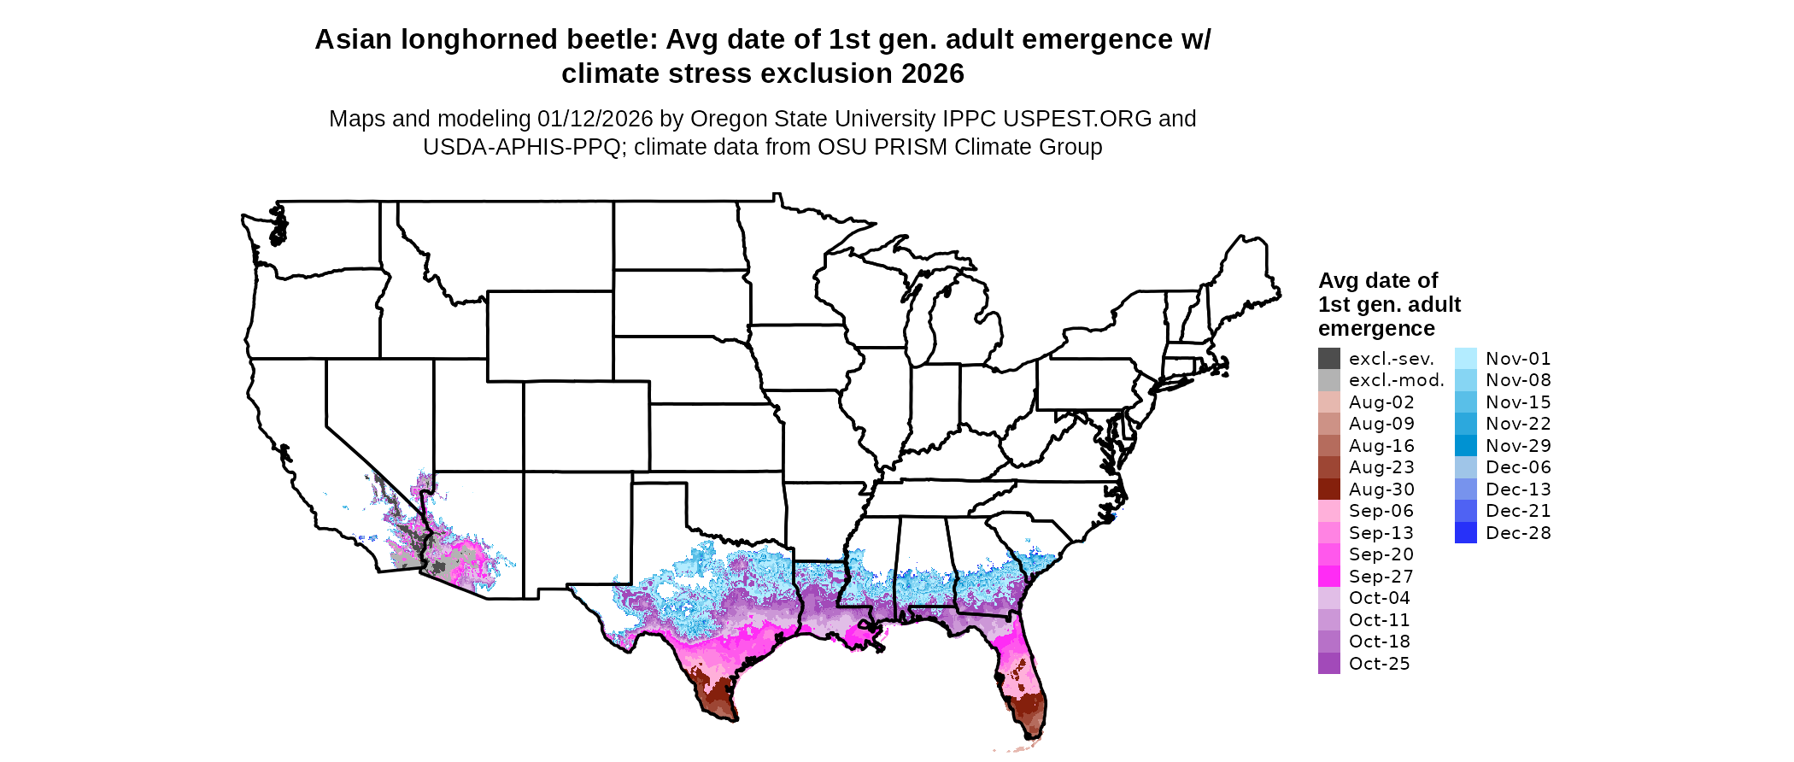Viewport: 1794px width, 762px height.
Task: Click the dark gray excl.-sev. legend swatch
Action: pos(1328,359)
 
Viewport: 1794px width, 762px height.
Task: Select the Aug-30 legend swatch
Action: pos(1328,489)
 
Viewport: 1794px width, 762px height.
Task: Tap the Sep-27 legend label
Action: pos(1381,577)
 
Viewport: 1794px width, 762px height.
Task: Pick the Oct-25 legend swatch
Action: pos(1328,664)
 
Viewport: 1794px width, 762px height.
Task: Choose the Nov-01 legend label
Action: pos(1518,359)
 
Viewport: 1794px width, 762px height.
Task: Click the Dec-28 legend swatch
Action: pos(1465,533)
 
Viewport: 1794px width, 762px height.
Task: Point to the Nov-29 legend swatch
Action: pos(1465,446)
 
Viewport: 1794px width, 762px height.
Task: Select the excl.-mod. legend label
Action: pos(1396,380)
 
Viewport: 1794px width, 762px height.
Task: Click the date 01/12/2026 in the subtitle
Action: pos(595,119)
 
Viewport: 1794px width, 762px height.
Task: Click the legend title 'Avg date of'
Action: pos(1377,281)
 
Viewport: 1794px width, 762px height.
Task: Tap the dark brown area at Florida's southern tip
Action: pos(1028,706)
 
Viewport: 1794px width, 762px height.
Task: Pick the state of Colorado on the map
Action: pos(586,425)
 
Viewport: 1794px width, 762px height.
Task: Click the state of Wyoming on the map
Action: pos(549,335)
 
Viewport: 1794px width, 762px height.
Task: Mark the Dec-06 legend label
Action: pos(1518,467)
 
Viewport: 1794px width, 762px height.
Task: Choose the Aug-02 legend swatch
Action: pos(1328,402)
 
